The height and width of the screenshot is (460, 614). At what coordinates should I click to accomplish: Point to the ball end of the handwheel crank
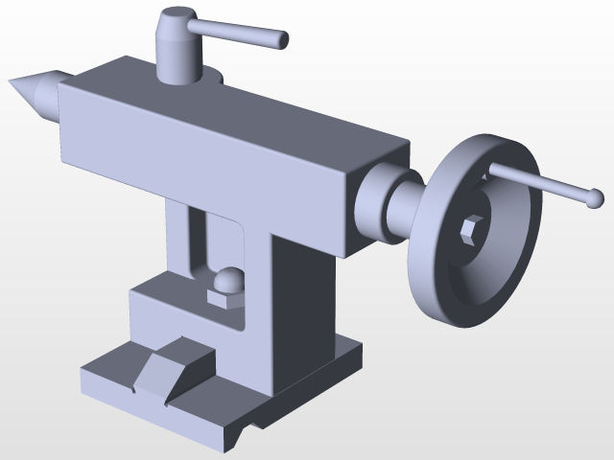pyautogui.click(x=595, y=198)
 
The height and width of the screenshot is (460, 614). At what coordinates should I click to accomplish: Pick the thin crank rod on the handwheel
pyautogui.click(x=537, y=182)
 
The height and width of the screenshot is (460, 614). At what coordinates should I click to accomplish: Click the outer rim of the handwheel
pyautogui.click(x=437, y=287)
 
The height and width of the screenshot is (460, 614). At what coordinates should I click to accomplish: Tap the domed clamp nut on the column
pyautogui.click(x=228, y=281)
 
